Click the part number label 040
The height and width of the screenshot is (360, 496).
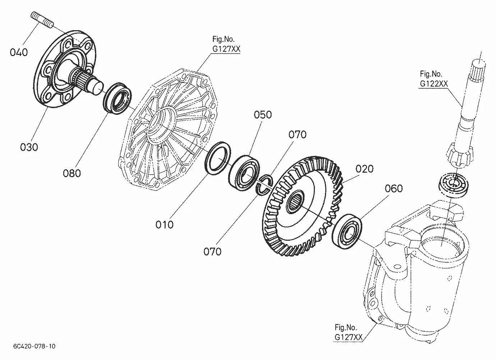(x=19, y=52)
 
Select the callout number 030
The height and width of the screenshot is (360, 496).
(x=29, y=147)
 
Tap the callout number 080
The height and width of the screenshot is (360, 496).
(x=72, y=173)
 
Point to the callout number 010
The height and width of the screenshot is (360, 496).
(x=164, y=225)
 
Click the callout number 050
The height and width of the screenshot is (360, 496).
(x=263, y=115)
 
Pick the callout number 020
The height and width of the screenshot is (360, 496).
(x=364, y=169)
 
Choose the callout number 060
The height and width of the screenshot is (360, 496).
(x=394, y=189)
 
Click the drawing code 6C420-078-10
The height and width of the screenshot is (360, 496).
(x=34, y=346)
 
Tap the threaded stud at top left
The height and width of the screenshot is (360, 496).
(x=42, y=19)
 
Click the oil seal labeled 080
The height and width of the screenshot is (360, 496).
(x=118, y=98)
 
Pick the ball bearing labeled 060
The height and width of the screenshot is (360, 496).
(x=348, y=232)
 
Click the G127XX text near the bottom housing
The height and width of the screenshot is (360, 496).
(x=349, y=337)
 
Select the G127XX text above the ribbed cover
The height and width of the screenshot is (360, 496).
(x=226, y=49)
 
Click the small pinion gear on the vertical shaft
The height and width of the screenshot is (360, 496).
(x=460, y=155)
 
